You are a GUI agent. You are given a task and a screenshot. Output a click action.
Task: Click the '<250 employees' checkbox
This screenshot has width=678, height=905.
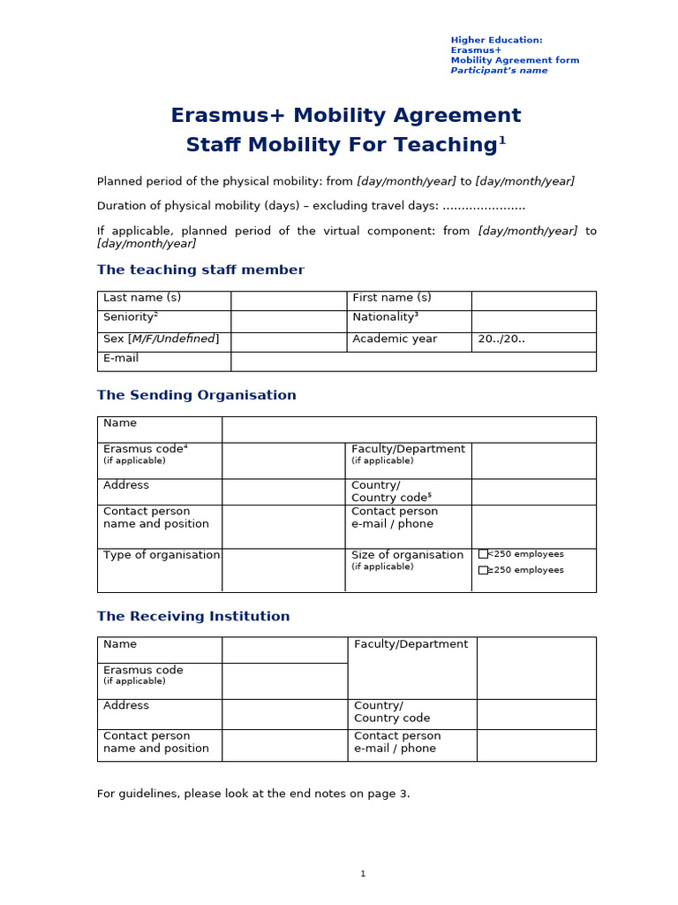coord(483,554)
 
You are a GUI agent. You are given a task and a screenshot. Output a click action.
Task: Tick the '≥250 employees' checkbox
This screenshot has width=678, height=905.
coord(483,570)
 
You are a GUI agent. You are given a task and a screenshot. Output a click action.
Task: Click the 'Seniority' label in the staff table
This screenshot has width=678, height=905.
coord(130,317)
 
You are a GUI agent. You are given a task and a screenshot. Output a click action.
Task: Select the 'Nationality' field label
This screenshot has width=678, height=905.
coord(385,317)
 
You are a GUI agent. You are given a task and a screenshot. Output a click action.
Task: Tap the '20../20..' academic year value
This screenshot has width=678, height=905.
coord(501,339)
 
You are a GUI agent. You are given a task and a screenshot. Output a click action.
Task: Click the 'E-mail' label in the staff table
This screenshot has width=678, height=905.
coord(121,359)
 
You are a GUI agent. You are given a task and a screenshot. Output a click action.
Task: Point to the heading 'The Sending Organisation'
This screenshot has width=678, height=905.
coord(196,396)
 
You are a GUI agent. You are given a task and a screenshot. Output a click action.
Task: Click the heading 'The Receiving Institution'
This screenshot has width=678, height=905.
coord(193,617)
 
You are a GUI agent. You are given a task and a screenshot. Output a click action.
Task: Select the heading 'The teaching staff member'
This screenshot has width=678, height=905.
coord(200,270)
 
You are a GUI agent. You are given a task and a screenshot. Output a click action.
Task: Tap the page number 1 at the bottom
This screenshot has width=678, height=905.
coord(363,874)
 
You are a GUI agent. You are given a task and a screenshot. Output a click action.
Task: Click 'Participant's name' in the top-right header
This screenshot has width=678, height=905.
coord(499,71)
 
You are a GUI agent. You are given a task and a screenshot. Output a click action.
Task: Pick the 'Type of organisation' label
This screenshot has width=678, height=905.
coord(162,555)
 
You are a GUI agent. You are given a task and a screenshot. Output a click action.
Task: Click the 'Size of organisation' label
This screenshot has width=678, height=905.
coord(407,555)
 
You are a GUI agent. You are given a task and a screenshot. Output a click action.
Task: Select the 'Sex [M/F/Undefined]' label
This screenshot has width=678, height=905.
coord(162,339)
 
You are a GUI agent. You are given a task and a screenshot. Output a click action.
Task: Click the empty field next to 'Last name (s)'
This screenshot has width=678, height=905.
coord(288,300)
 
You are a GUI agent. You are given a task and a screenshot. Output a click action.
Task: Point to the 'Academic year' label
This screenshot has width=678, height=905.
coord(394,339)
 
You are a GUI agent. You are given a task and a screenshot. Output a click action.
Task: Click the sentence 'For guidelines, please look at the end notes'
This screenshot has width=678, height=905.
coord(253,794)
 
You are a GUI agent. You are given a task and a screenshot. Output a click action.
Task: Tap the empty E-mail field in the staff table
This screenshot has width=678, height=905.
coord(412,361)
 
